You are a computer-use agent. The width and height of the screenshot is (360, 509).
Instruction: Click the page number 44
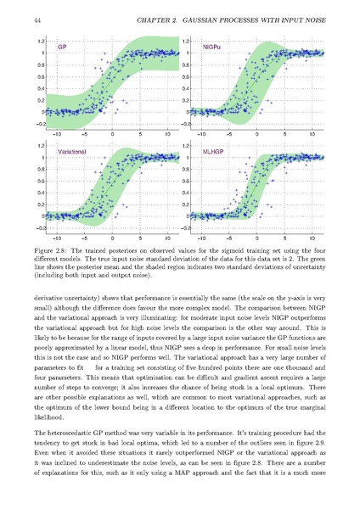[x=37, y=20]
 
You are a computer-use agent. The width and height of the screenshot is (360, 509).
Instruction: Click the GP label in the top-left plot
[x=62, y=47]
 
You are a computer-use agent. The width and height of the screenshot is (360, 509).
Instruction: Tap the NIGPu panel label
[x=212, y=47]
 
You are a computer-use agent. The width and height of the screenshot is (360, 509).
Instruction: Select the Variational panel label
[x=72, y=152]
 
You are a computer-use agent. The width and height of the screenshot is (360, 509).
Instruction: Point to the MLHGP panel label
[x=213, y=152]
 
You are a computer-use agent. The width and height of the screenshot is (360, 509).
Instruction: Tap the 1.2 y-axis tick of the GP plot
[x=41, y=42]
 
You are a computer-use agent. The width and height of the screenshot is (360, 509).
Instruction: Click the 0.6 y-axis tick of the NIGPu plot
[x=186, y=76]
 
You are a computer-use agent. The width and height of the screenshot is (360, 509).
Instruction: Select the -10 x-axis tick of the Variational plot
[x=57, y=238]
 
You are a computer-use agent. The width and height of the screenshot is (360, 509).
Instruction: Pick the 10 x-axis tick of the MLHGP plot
[x=312, y=238]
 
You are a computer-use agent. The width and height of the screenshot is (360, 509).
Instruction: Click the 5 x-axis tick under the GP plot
[x=140, y=133]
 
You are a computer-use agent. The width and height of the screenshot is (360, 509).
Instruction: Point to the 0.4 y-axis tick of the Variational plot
[x=41, y=193]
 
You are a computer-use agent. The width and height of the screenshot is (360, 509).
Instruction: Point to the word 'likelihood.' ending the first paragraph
[x=49, y=417]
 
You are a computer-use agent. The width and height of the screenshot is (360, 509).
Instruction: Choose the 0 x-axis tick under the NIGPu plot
[x=256, y=133]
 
